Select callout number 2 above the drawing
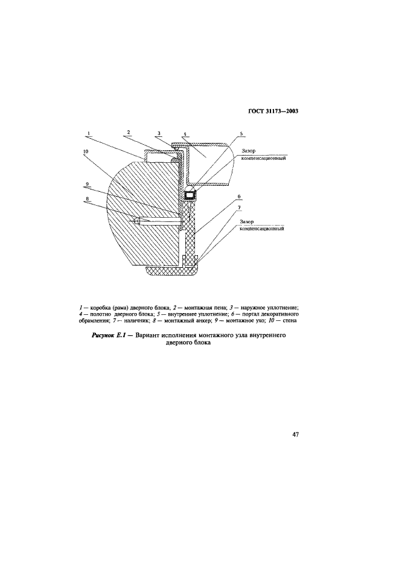coord(129,132)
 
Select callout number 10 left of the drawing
coord(87,152)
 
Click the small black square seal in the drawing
coord(190,195)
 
